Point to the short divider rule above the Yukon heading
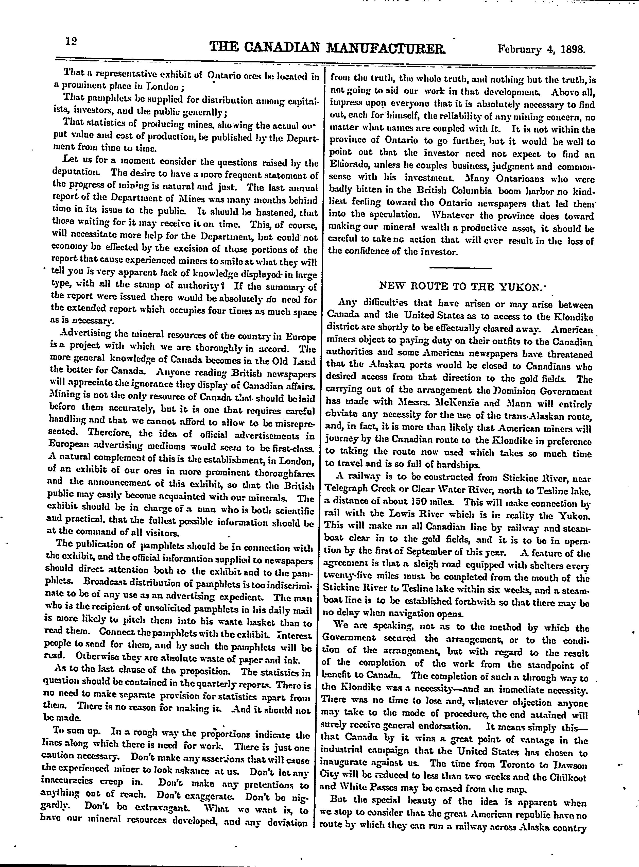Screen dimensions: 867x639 pos(460,268)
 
